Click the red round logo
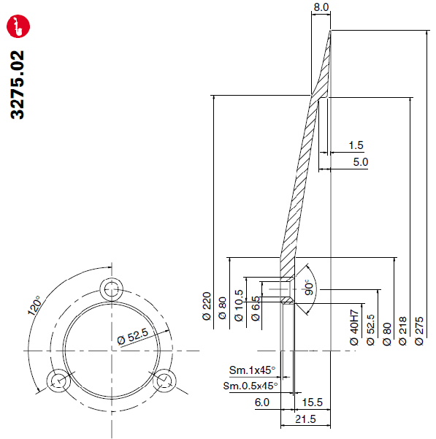[x=18, y=26]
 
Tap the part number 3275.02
[x=18, y=85]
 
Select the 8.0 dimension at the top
[x=321, y=7]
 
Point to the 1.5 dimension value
[x=356, y=145]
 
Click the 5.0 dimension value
[x=361, y=162]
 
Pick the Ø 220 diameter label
[x=207, y=306]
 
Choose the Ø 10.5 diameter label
[x=239, y=305]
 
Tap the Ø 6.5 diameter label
[x=256, y=308]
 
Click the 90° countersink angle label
[x=309, y=287]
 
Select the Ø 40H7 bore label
[x=354, y=327]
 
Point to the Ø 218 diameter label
[x=402, y=331]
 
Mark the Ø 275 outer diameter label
[x=419, y=331]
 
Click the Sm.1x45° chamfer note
[x=252, y=370]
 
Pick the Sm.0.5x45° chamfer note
[x=250, y=386]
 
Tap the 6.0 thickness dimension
[x=262, y=402]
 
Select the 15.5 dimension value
[x=313, y=402]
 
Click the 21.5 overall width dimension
[x=305, y=419]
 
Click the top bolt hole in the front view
[x=112, y=289]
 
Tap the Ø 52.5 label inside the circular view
[x=133, y=337]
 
